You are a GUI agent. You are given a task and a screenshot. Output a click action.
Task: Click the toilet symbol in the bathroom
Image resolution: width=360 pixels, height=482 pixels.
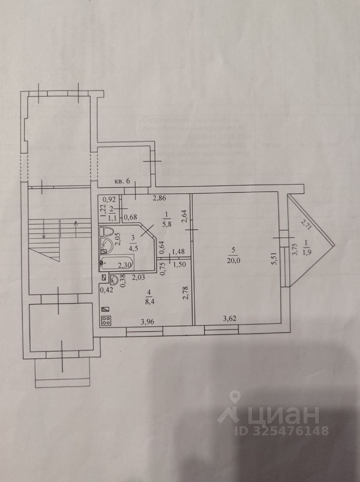pos(106,232)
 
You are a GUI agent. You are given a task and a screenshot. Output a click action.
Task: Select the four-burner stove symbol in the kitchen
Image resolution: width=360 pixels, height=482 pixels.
pos(106,322)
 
